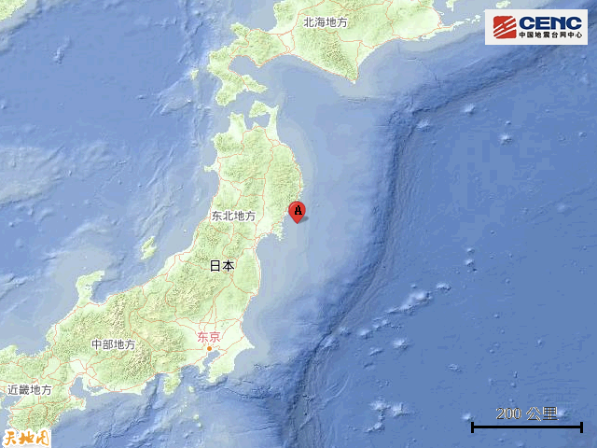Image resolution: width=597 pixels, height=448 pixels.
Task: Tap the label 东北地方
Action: (x=233, y=216)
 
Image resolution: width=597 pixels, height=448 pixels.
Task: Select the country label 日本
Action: (x=222, y=266)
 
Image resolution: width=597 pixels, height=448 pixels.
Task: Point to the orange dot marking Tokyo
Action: (x=210, y=349)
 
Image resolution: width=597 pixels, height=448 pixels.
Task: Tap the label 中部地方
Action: (x=113, y=344)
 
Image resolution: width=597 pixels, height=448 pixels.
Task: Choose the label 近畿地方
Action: (x=30, y=389)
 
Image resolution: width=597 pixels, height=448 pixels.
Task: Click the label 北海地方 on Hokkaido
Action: (x=326, y=21)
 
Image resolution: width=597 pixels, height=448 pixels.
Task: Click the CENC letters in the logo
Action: (x=550, y=22)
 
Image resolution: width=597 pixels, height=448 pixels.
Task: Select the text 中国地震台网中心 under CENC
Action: (x=550, y=36)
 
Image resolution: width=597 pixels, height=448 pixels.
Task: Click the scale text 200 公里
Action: (x=527, y=413)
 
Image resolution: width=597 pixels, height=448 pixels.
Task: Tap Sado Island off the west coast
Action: (x=147, y=248)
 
